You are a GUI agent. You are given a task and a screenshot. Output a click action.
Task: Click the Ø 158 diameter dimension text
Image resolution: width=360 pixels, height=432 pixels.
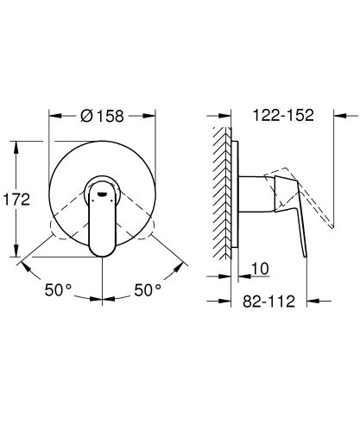(x=103, y=114)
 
